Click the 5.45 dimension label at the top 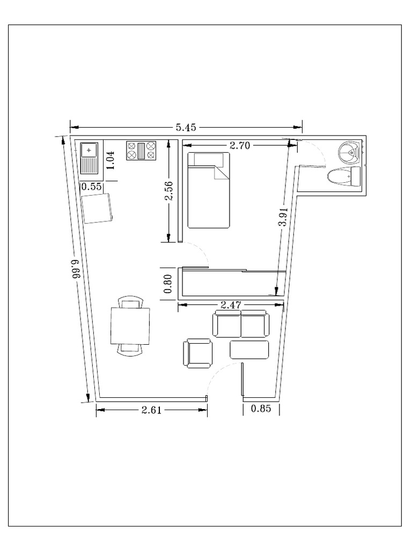186,128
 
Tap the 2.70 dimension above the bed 239,145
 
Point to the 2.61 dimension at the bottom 151,410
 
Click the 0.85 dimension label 261,409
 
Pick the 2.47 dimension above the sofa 230,305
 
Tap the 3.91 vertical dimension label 283,218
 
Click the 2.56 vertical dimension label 168,191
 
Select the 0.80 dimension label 168,284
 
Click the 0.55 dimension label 91,187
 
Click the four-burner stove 141,151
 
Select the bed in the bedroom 209,190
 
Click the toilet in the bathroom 344,176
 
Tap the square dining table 130,325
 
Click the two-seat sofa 241,324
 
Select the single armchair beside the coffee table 198,353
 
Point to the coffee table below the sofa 249,349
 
